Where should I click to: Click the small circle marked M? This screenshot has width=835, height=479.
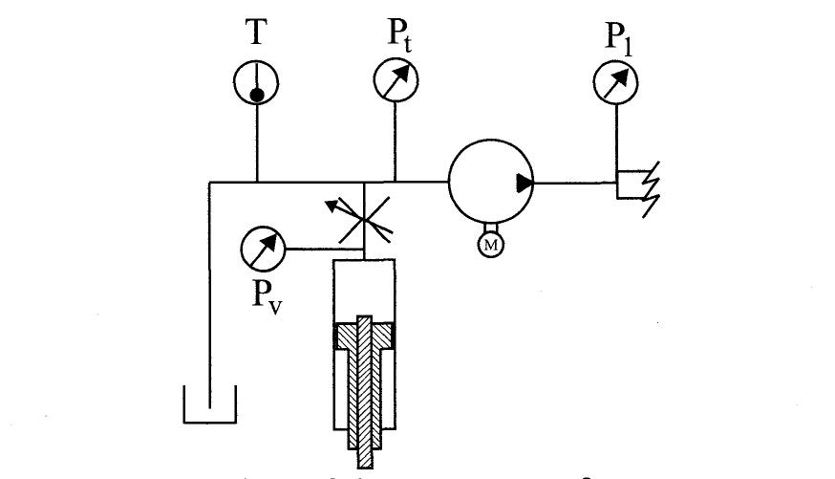click(x=491, y=247)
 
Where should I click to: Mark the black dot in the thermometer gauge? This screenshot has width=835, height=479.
click(x=257, y=95)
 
